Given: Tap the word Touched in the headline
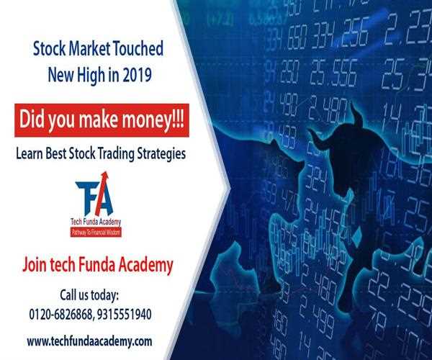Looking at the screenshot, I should click(136, 50).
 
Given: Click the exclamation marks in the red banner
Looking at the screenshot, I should click(176, 120).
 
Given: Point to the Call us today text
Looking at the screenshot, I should click(100, 296).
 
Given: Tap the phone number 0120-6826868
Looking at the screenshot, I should click(65, 314).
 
